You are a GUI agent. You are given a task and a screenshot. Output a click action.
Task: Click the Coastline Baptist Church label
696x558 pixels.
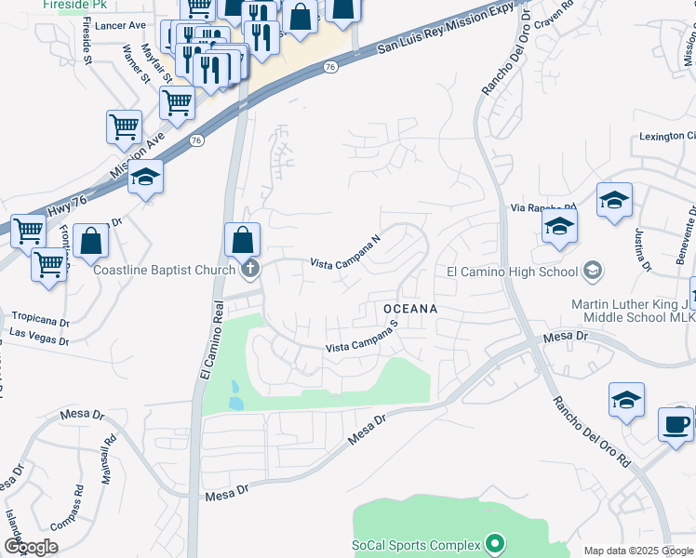tap(164, 271)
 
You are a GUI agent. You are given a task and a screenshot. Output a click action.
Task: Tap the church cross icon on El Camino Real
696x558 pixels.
tap(248, 271)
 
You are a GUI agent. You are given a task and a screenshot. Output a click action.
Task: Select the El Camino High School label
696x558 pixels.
tap(512, 272)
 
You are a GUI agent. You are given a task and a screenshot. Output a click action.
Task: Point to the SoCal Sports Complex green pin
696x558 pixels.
tap(494, 544)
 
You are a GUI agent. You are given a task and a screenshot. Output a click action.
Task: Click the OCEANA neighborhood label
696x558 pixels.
tap(409, 307)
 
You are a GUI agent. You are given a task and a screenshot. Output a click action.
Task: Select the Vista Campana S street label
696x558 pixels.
tap(362, 344)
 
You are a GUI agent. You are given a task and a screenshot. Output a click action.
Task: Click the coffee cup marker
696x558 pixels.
tap(676, 423)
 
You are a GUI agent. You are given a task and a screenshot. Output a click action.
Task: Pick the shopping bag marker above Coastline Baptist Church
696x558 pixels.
tap(242, 240)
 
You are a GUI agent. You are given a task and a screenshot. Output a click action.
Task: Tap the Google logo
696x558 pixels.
tap(31, 547)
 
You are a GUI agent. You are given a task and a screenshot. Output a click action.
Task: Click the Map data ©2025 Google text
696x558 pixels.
tap(638, 551)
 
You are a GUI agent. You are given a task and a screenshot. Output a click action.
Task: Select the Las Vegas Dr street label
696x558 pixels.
tap(39, 335)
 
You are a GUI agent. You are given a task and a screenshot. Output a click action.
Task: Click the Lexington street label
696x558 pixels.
tap(666, 137)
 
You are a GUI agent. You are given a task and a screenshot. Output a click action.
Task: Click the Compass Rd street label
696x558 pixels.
tap(66, 508)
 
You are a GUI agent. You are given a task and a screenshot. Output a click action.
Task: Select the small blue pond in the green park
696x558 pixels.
tap(234, 396)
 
